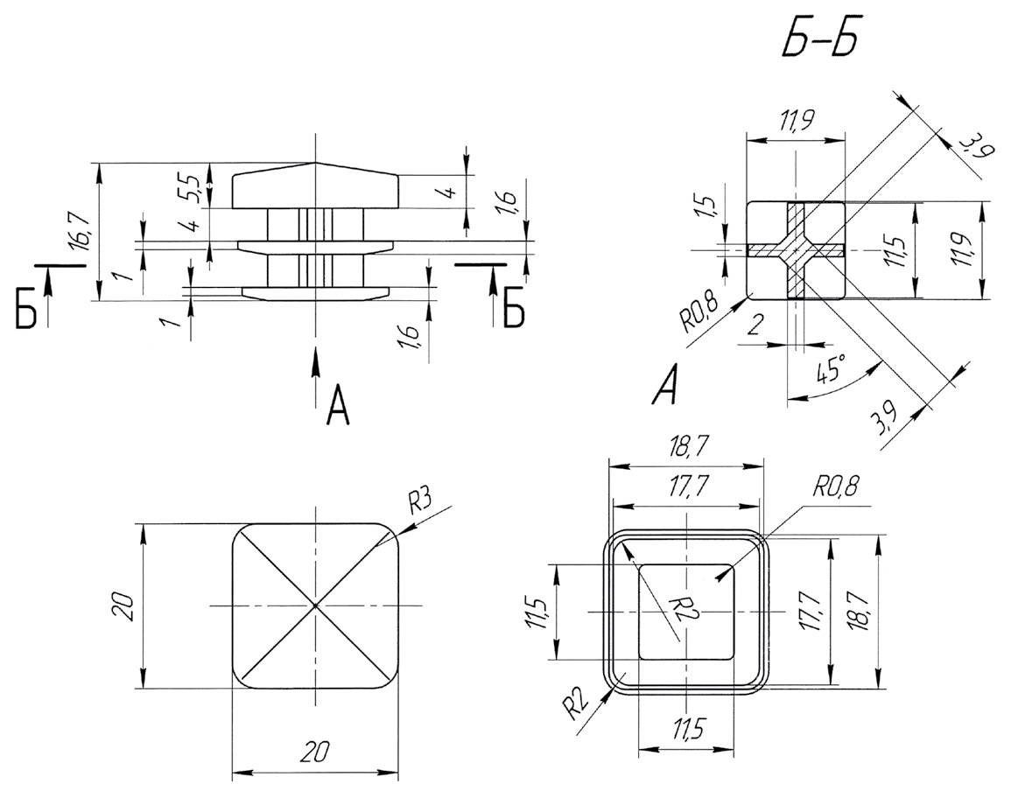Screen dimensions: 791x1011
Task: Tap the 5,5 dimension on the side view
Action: (194, 186)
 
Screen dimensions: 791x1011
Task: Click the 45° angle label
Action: (831, 370)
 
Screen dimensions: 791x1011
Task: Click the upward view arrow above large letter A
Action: (315, 367)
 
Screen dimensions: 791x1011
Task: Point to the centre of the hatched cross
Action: (796, 250)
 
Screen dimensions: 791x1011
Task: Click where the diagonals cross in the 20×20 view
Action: (315, 605)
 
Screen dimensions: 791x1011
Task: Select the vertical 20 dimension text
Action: (124, 605)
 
